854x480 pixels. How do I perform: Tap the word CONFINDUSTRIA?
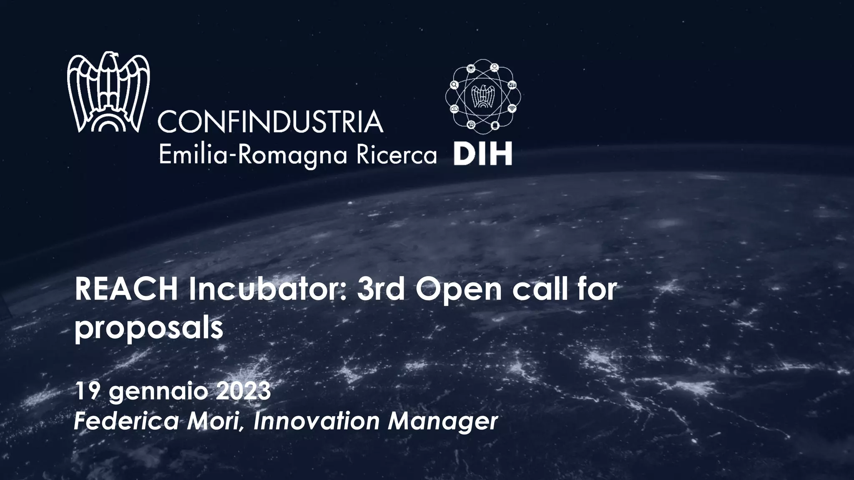pyautogui.click(x=270, y=122)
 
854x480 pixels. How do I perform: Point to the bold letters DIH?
pyautogui.click(x=482, y=155)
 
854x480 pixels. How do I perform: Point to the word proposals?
pyautogui.click(x=149, y=328)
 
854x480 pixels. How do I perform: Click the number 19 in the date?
pyautogui.click(x=87, y=391)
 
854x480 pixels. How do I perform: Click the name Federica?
pyautogui.click(x=126, y=421)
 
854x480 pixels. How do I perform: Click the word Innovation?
pyautogui.click(x=316, y=421)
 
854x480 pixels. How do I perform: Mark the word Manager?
pyautogui.click(x=443, y=422)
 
